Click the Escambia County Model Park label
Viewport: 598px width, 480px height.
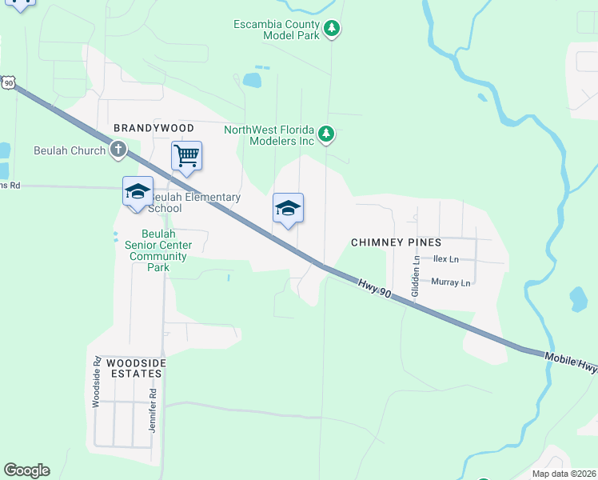click(276, 30)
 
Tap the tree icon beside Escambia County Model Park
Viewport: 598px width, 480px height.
click(333, 30)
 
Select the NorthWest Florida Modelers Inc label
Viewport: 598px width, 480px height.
click(269, 135)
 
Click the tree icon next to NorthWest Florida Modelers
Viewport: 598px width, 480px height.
click(325, 134)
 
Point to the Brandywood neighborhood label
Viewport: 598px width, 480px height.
click(153, 128)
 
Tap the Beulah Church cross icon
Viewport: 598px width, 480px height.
click(118, 150)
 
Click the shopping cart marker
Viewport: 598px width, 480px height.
click(186, 154)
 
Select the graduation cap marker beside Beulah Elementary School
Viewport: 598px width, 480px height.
click(138, 191)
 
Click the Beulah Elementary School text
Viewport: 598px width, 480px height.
click(195, 203)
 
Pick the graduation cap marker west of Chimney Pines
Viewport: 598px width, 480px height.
click(288, 208)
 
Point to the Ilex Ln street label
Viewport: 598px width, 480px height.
click(445, 259)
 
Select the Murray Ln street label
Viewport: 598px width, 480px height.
click(451, 282)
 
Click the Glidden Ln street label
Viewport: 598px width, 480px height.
click(415, 277)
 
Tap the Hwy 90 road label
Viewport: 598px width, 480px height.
click(374, 289)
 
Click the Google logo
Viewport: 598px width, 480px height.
click(26, 470)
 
